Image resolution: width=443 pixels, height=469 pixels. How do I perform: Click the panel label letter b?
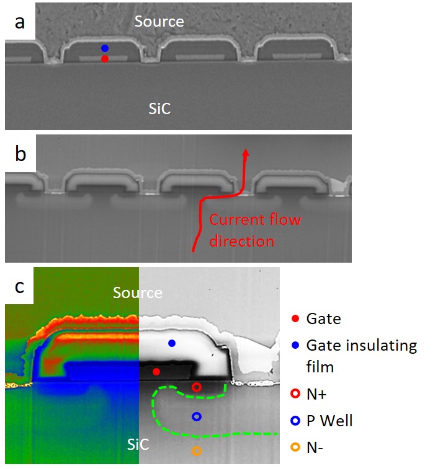pyautogui.click(x=21, y=154)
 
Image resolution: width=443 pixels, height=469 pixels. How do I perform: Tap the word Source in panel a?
pyautogui.click(x=159, y=22)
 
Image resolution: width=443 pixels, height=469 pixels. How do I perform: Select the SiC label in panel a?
pyautogui.click(x=159, y=110)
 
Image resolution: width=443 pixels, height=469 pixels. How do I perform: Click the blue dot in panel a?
pyautogui.click(x=105, y=48)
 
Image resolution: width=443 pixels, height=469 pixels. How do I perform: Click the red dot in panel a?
pyautogui.click(x=105, y=59)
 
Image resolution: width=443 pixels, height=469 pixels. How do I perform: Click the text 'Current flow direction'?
pyautogui.click(x=254, y=230)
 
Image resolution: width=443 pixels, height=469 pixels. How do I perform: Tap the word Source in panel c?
pyautogui.click(x=137, y=292)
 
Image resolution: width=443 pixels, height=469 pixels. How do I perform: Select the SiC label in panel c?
pyautogui.click(x=137, y=445)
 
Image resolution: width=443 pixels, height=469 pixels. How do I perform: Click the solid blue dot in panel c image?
pyautogui.click(x=172, y=343)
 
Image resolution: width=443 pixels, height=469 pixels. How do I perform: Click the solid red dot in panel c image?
pyautogui.click(x=156, y=372)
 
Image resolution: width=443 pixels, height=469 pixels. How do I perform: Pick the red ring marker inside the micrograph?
pyautogui.click(x=197, y=387)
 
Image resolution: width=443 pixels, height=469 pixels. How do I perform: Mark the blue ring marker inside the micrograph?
pyautogui.click(x=197, y=417)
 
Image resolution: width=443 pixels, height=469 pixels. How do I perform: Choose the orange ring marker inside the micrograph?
pyautogui.click(x=197, y=451)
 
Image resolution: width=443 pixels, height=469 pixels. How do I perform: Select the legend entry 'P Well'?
pyautogui.click(x=329, y=421)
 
